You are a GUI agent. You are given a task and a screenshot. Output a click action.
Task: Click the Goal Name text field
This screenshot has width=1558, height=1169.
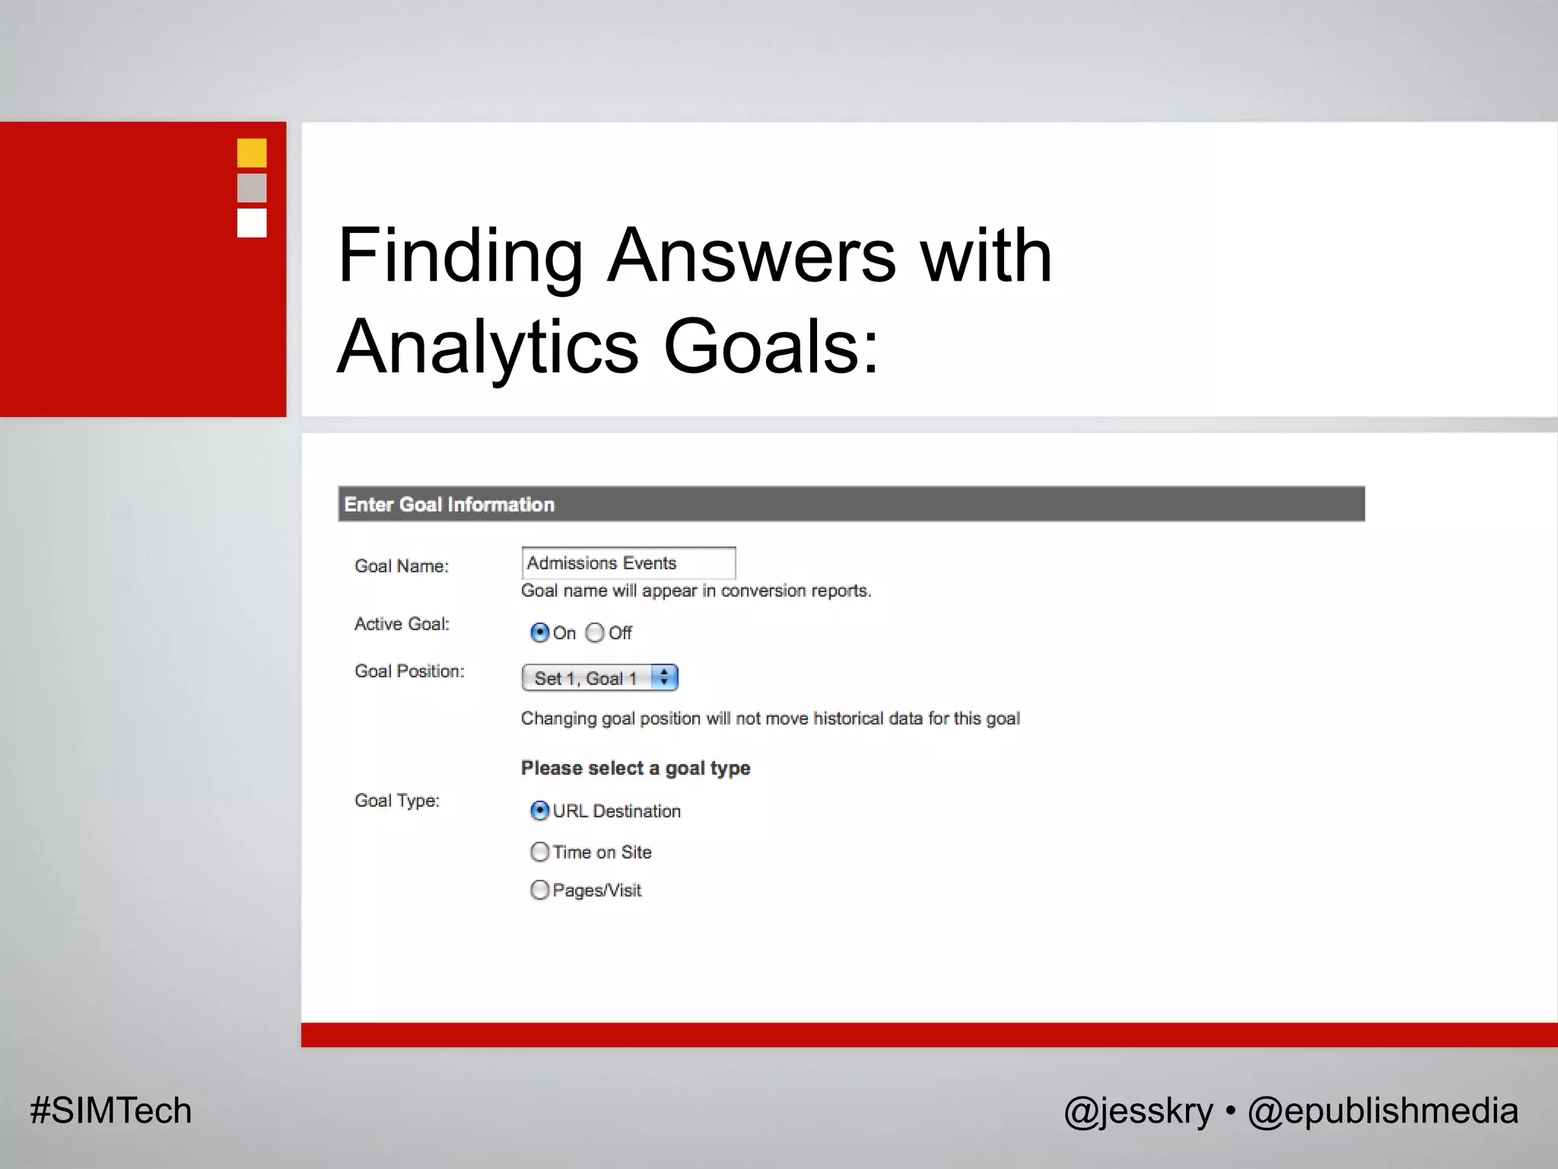point(628,563)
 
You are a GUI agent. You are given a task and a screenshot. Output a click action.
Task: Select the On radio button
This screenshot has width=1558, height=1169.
point(539,632)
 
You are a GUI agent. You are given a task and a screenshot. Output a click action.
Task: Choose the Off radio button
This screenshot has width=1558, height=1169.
point(595,632)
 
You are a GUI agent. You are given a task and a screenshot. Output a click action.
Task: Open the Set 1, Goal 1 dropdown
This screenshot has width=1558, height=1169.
point(599,677)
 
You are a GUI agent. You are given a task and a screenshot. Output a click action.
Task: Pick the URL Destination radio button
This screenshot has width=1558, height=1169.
point(539,811)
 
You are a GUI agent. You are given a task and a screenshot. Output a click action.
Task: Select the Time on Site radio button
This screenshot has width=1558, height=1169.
point(539,852)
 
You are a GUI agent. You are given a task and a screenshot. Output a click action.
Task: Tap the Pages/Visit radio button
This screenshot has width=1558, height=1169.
point(539,890)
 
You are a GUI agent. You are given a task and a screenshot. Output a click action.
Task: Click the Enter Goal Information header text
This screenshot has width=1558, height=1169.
point(449,505)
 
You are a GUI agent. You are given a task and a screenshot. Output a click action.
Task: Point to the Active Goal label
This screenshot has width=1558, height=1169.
point(402,624)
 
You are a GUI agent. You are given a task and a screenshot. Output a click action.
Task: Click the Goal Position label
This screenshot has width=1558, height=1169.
point(409,671)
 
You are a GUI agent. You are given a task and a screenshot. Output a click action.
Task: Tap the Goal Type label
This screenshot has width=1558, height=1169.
point(397,801)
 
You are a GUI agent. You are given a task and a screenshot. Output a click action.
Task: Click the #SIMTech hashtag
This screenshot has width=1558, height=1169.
point(111,1110)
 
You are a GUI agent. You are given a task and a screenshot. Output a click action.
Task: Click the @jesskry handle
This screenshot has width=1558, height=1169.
point(1138,1111)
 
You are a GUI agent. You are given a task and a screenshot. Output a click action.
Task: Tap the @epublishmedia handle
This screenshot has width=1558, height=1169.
point(1382,1111)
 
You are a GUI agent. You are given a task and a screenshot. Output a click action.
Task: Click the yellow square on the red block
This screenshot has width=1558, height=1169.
point(252,153)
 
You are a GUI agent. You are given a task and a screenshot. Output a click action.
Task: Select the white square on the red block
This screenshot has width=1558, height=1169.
point(252,223)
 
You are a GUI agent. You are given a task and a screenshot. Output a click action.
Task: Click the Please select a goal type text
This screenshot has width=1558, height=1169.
point(635,768)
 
